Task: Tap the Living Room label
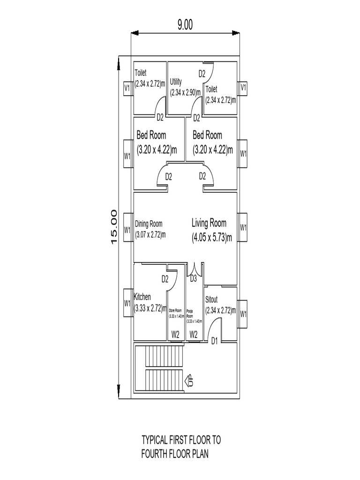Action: coord(209,223)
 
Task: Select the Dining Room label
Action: coord(149,224)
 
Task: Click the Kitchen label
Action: coord(142,297)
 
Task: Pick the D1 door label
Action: coord(215,340)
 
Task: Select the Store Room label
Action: coord(176,311)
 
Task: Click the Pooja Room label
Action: coord(190,313)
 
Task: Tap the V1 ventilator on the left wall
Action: coord(127,88)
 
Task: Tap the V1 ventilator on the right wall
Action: coord(243,87)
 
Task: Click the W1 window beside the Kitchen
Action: coord(127,303)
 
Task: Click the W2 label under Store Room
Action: coord(175,335)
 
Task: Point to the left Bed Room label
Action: coord(151,135)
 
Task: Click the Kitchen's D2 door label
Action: coord(165,279)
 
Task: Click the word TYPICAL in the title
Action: coord(158,441)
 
